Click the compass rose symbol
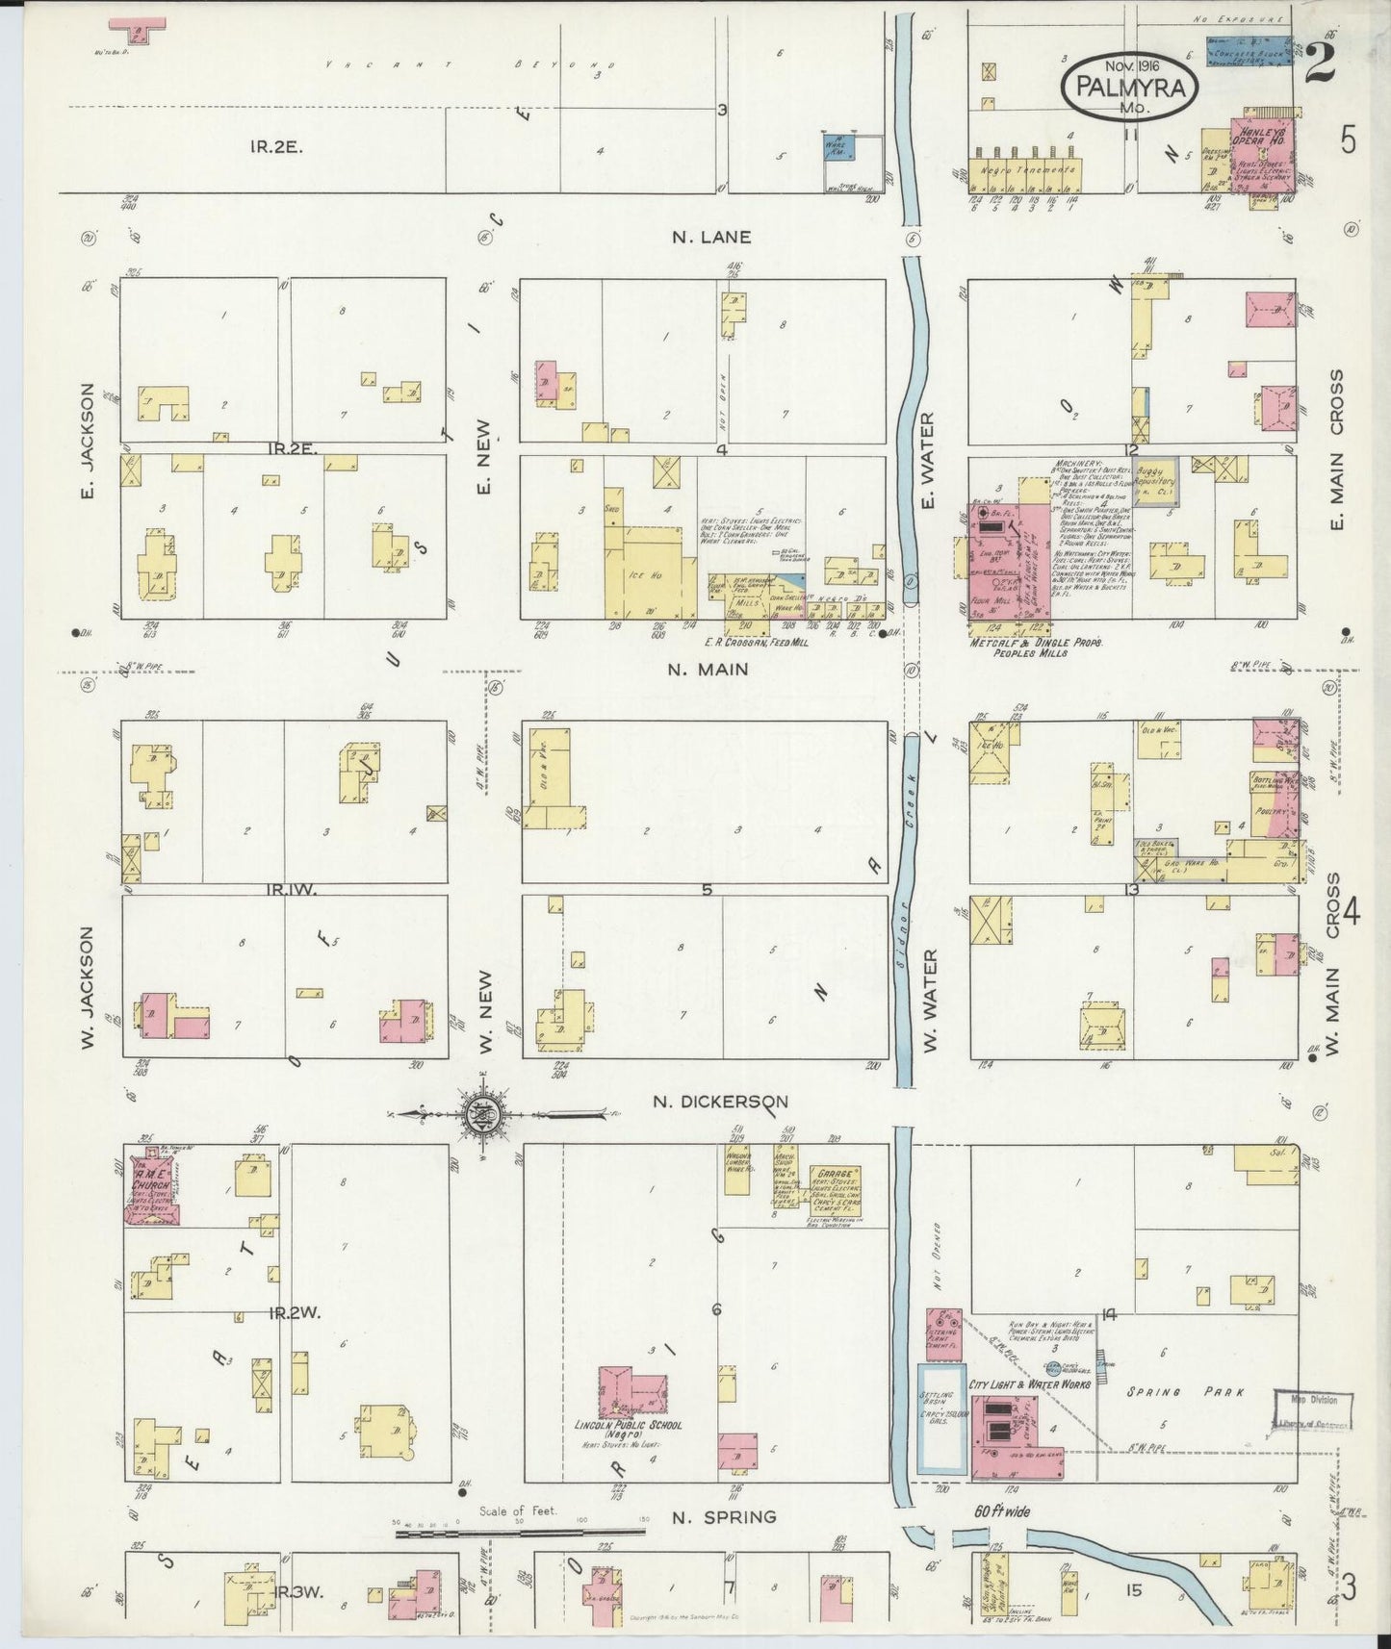click(x=478, y=1115)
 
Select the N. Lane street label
click(x=713, y=237)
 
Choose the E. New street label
click(x=483, y=457)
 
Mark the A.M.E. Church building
click(x=149, y=1188)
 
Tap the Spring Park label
click(x=1185, y=1391)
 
